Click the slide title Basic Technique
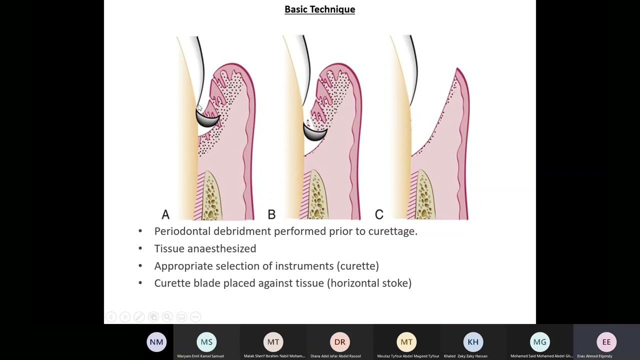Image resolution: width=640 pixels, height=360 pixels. tap(319, 9)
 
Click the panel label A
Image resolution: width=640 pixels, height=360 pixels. tap(165, 214)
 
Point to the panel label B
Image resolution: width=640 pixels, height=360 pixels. tap(271, 214)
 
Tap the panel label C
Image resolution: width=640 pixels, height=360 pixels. tap(379, 214)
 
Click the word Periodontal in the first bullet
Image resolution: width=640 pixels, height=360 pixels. tap(182, 231)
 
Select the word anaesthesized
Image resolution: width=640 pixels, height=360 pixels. tap(227, 248)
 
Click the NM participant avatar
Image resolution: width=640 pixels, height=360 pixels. tap(156, 342)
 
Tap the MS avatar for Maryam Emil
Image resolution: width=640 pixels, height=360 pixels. tap(206, 342)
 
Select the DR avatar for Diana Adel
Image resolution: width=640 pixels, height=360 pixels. tap(339, 342)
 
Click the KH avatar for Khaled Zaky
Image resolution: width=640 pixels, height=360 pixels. tap(473, 342)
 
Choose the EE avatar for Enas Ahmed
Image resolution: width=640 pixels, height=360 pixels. tap(606, 342)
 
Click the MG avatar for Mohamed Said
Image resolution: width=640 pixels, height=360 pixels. tap(540, 342)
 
